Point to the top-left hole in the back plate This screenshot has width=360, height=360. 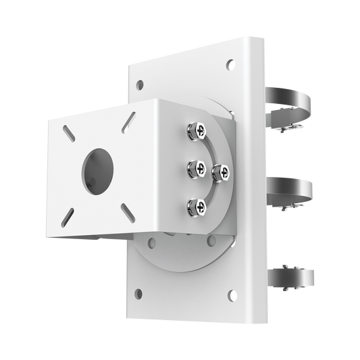(x=140, y=86)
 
